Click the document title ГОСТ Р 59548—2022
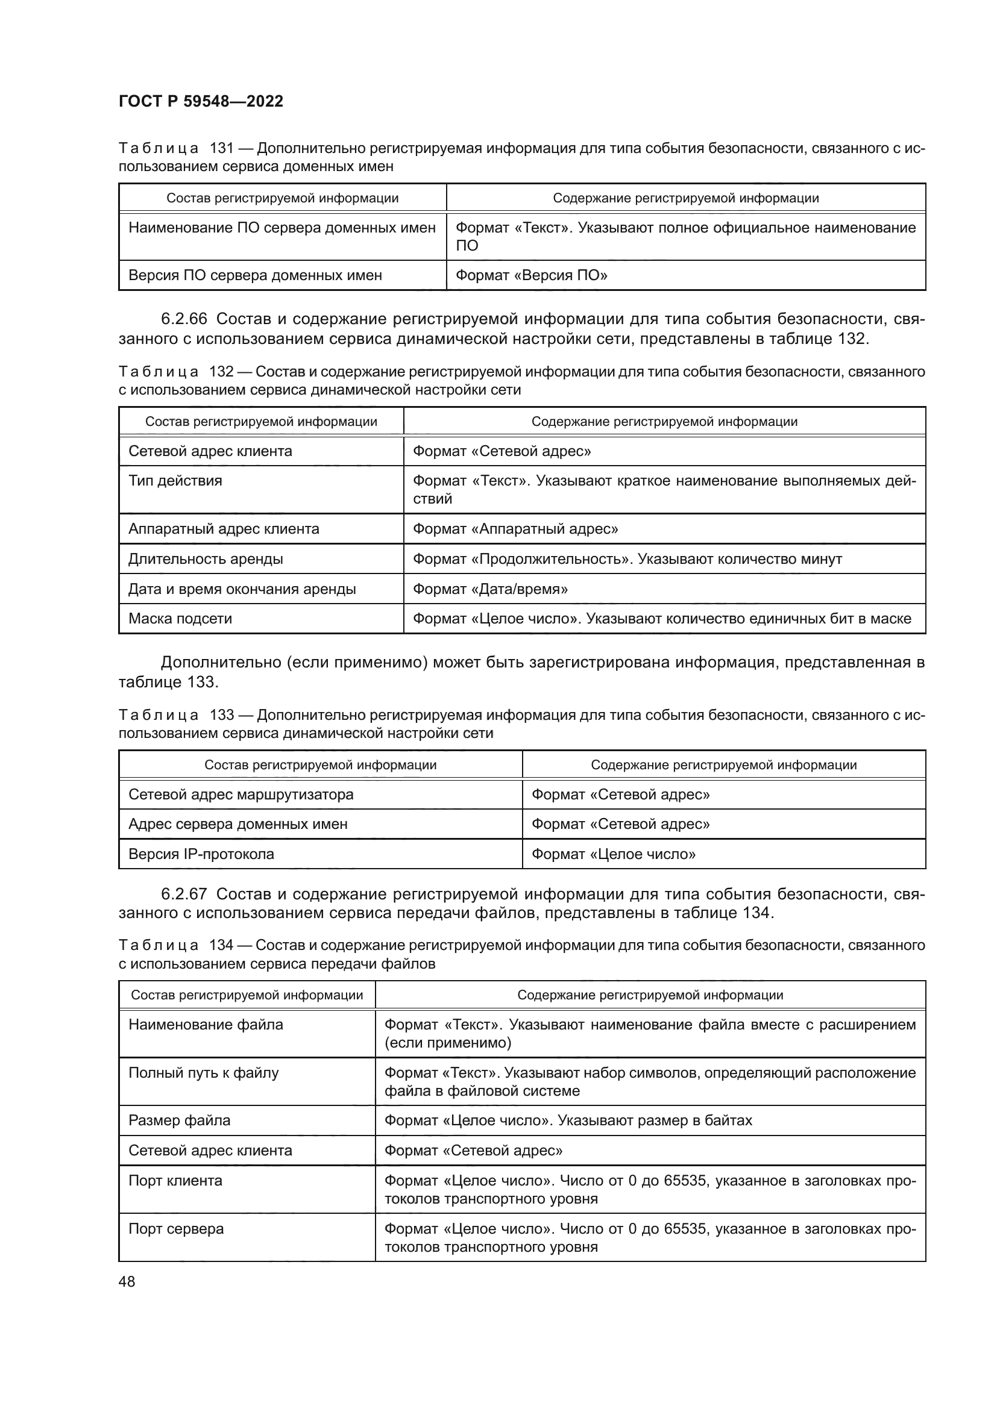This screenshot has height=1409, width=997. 201,101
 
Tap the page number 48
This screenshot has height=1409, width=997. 127,1281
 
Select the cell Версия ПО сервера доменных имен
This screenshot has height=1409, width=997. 255,275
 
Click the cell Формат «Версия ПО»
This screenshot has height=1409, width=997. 531,275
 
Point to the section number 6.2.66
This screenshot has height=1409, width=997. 184,319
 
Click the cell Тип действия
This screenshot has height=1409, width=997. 175,481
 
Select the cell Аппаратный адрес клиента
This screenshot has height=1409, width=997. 224,529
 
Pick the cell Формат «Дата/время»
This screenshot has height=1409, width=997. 490,589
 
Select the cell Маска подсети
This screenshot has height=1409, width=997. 180,619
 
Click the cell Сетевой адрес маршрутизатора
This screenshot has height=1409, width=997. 241,795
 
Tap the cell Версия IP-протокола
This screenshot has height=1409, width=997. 201,854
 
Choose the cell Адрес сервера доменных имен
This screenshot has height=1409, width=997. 237,824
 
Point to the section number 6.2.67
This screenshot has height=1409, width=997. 184,894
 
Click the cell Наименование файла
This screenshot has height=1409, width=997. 206,1025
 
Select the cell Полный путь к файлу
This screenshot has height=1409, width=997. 203,1073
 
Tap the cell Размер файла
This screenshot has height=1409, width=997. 179,1120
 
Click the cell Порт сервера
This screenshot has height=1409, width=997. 175,1229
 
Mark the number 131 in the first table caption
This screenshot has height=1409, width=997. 222,149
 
